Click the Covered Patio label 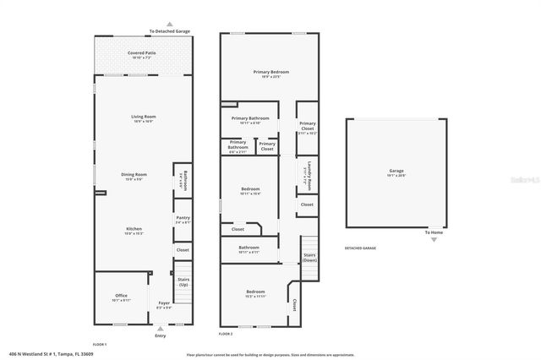(x=141, y=54)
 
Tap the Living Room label (x=141, y=118)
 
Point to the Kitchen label (x=134, y=230)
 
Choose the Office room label (x=121, y=297)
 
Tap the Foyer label (x=163, y=304)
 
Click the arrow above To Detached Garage (x=170, y=25)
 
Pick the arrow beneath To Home (x=434, y=240)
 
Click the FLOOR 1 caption (x=100, y=344)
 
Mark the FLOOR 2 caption (x=226, y=335)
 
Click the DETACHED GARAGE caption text (x=360, y=248)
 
